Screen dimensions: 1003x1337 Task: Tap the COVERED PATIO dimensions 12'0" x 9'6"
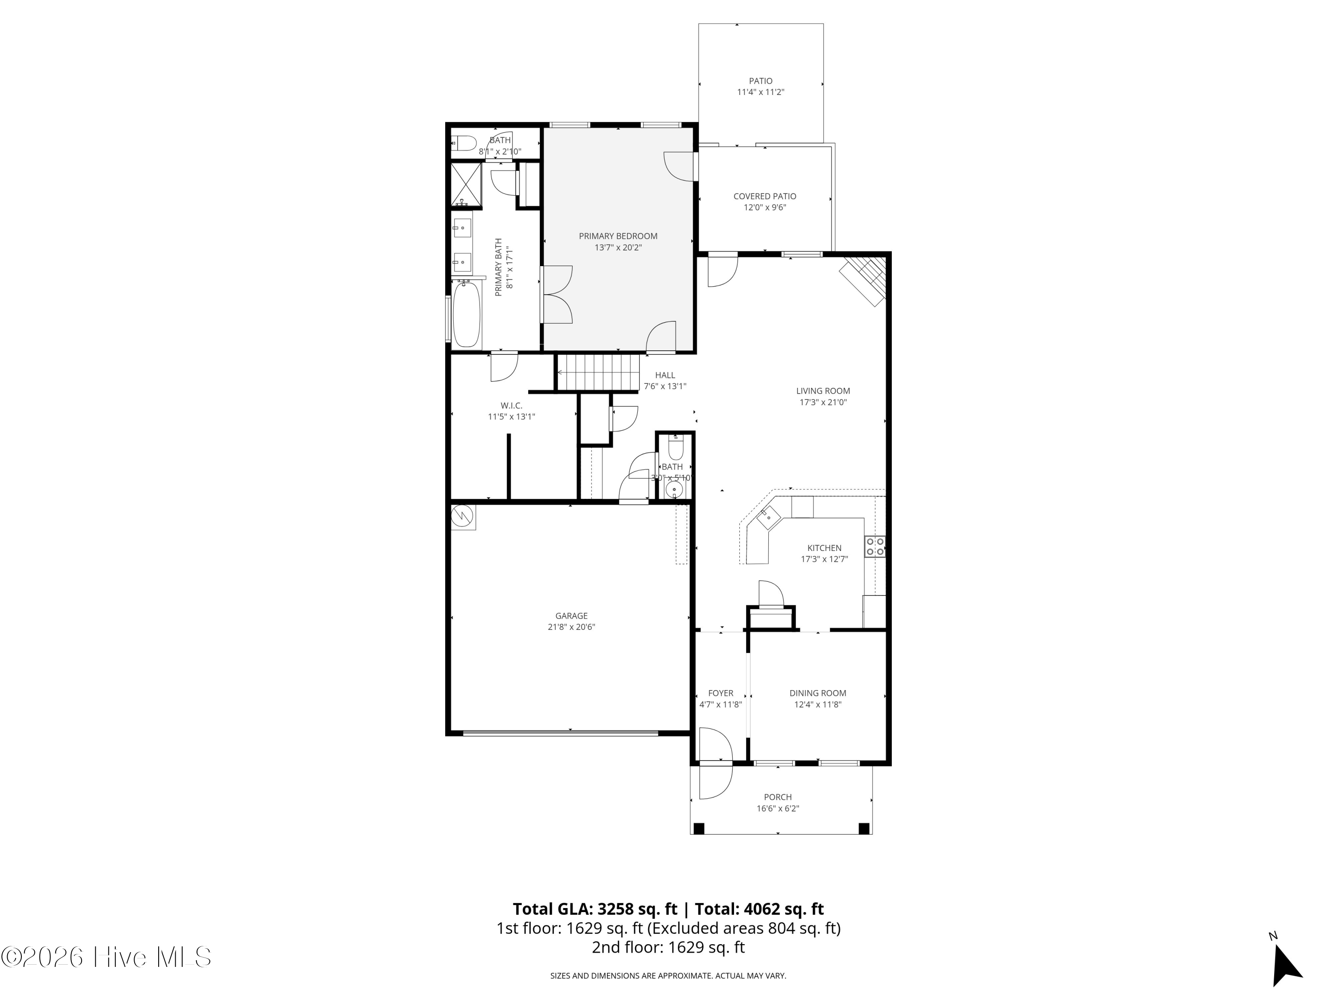[x=765, y=207]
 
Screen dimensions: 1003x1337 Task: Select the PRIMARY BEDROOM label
[x=618, y=236]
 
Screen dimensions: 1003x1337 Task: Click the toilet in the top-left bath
[x=465, y=143]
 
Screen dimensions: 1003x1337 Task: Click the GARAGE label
[x=571, y=616]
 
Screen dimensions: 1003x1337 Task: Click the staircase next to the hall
[x=599, y=372]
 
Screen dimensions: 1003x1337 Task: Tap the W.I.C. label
[x=511, y=406]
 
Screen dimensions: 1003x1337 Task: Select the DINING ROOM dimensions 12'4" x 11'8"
[x=817, y=704]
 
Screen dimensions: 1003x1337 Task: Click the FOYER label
[x=721, y=694]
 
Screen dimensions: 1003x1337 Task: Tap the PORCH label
[x=777, y=797]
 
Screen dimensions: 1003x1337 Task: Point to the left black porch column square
[x=699, y=828]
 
